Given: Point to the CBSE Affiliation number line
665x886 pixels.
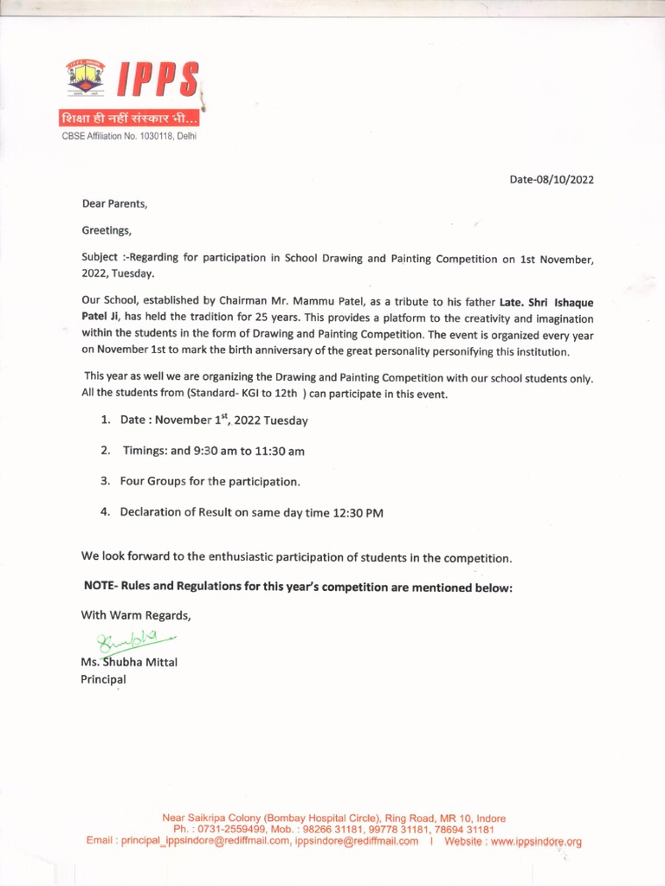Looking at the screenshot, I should [x=129, y=137].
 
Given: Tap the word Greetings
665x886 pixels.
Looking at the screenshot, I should [x=107, y=231].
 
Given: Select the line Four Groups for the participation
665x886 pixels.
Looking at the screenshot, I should [x=210, y=481].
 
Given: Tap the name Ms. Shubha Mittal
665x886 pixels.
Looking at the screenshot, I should [x=129, y=663].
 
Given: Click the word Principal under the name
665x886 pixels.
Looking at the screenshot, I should [x=103, y=679].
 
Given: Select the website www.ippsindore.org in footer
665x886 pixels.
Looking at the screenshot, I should [x=536, y=841].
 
